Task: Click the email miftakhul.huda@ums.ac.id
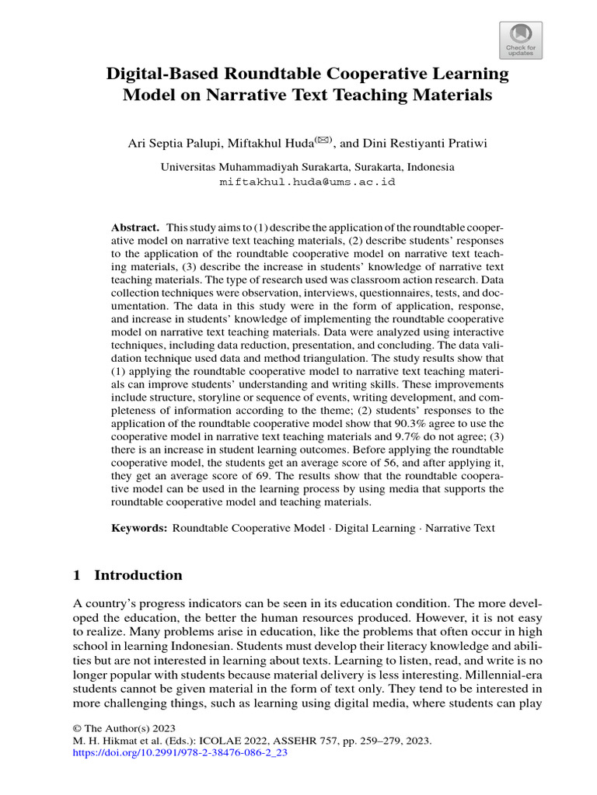[x=308, y=182]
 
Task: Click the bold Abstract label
[x=135, y=227]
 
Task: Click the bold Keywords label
[x=139, y=528]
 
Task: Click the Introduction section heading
[x=138, y=575]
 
